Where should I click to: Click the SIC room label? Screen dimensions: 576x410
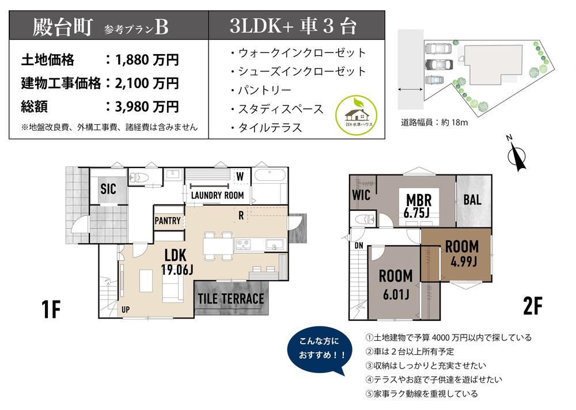point(108,189)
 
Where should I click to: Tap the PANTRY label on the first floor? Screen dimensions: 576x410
point(168,221)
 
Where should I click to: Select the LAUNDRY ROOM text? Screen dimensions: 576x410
point(218,195)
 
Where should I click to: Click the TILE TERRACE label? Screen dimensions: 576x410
point(231,299)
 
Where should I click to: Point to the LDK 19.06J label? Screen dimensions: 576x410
point(176,262)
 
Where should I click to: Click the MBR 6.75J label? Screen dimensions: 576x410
point(418,206)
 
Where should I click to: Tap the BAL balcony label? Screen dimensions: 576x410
point(472,200)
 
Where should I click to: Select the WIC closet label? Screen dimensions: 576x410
point(361,195)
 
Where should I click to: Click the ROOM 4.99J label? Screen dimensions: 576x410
point(463,253)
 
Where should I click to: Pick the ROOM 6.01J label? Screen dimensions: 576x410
point(396,284)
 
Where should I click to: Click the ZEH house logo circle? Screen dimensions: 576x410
point(356,115)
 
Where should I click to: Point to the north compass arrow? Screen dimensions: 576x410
point(518,157)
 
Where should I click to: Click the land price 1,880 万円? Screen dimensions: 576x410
point(147,59)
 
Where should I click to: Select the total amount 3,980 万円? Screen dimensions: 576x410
point(147,107)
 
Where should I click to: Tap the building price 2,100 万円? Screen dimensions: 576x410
point(147,83)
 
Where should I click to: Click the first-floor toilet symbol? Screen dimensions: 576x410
point(138,177)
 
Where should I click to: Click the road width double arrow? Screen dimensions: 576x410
point(410,89)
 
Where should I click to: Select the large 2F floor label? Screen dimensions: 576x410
point(533,306)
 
